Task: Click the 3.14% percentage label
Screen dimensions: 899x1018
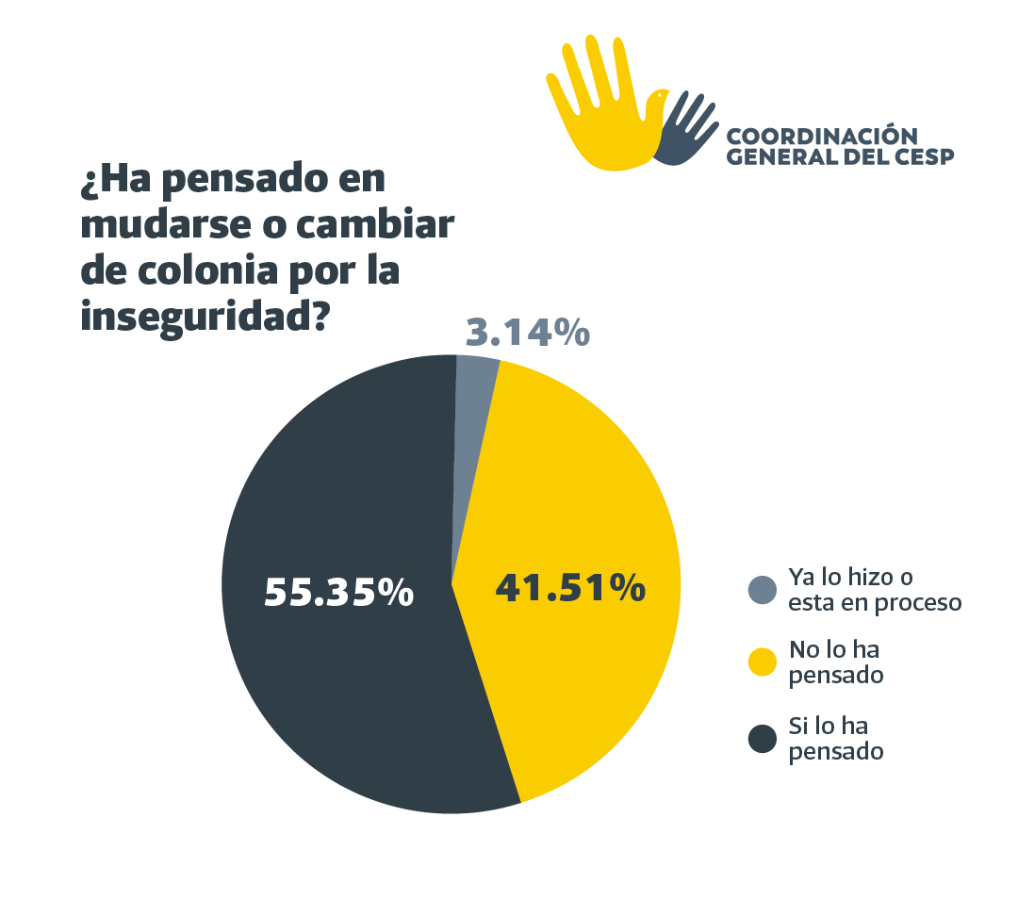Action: [528, 333]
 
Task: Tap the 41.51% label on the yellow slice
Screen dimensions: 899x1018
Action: [569, 587]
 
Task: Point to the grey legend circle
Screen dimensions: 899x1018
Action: [762, 590]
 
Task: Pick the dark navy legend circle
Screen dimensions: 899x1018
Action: [762, 740]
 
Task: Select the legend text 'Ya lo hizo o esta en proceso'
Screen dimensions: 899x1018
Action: [874, 590]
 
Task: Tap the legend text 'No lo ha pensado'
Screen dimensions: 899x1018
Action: [836, 663]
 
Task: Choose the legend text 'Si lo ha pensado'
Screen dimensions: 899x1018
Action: [835, 740]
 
